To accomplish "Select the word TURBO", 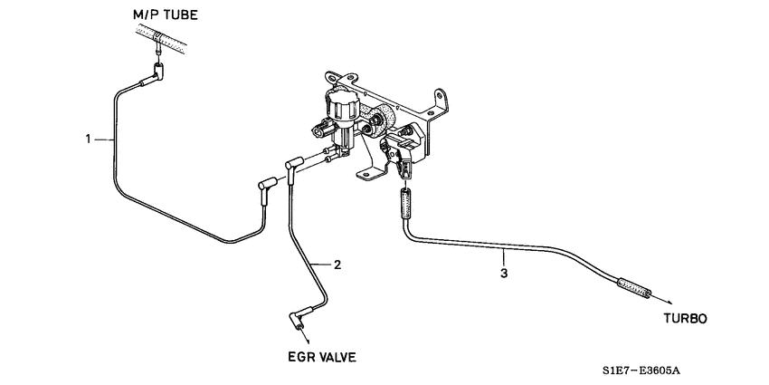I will point(686,319).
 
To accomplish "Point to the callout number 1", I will point(88,139).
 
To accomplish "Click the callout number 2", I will point(337,265).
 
